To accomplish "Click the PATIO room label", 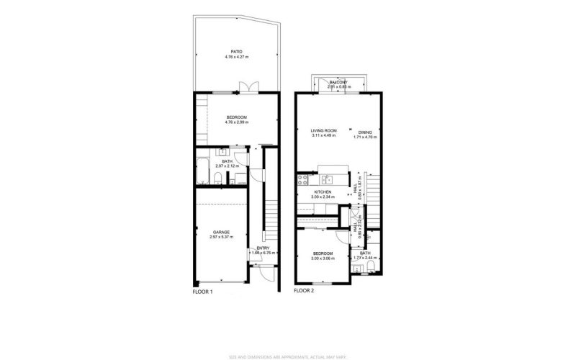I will point(236,50).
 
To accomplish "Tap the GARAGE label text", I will point(221,231).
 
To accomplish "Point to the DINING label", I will point(365,132).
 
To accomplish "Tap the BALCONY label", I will point(338,83).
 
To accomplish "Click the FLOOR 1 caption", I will point(202,292).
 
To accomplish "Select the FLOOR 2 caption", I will point(304,292).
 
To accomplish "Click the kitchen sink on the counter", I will point(325,179).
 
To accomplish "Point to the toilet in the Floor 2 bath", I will point(370,269).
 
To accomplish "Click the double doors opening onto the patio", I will point(247,88).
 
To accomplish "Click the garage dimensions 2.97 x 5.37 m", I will point(221,237).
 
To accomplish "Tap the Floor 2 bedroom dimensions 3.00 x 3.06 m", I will point(323,258).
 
